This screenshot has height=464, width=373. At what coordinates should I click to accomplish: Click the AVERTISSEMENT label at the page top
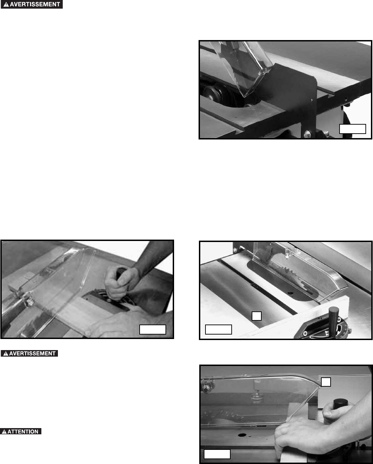point(32,4)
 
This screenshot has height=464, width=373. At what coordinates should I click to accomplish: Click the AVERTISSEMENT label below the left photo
point(29,354)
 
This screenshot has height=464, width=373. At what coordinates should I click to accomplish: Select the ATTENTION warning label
point(21,432)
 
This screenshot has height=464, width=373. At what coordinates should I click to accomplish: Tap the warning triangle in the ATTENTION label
point(4,432)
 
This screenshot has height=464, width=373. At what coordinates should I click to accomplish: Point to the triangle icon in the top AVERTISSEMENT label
point(6,4)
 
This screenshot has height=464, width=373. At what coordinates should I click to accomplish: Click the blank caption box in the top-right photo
point(353,129)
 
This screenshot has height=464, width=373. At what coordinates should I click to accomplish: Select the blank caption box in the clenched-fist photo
point(152,329)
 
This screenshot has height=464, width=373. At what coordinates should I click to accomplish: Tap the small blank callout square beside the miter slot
point(256,316)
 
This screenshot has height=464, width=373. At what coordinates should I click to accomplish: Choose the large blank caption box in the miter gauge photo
point(218,329)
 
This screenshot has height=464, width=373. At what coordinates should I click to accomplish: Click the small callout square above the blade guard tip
point(326,382)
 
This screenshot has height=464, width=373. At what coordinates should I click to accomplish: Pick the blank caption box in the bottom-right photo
point(217,454)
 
